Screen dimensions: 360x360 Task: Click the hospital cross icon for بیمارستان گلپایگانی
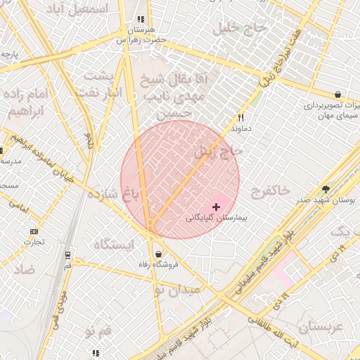coord(216,207)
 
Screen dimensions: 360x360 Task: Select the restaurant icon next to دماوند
coord(240,118)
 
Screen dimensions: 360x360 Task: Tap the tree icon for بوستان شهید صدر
coord(326,189)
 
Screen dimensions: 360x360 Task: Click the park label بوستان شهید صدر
coord(325,200)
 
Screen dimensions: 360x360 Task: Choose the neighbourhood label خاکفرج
coord(269,190)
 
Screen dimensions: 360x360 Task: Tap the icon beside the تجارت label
coord(34,231)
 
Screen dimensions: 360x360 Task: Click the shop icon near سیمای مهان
coord(338,94)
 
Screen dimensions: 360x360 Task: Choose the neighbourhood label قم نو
coord(98,330)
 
